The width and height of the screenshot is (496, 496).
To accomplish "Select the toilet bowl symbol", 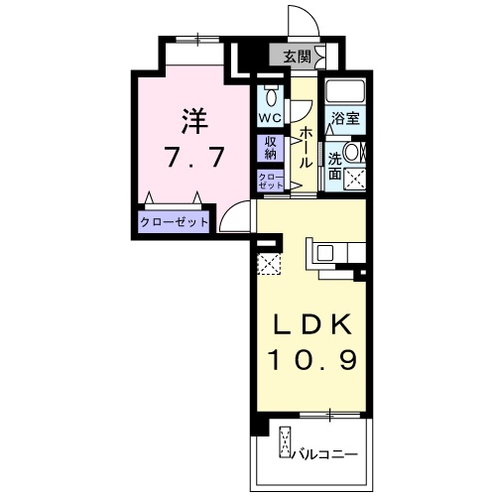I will [x=271, y=97].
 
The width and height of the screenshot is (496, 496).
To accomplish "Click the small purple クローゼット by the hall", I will [x=271, y=181].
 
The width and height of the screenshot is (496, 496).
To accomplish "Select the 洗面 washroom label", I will [x=335, y=164].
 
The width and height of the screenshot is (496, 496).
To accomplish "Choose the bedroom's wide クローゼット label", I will [x=174, y=221].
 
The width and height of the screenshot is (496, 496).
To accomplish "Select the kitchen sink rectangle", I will [x=326, y=250].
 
